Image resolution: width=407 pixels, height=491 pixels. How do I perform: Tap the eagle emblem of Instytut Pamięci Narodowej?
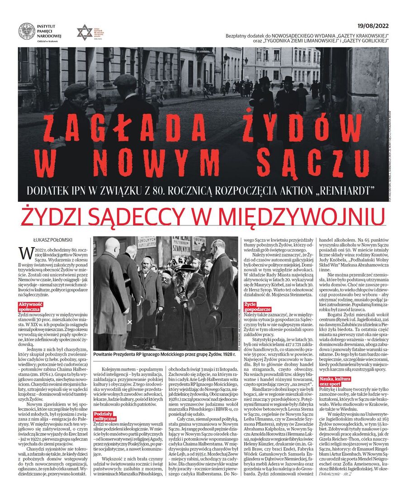coord(27,31)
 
